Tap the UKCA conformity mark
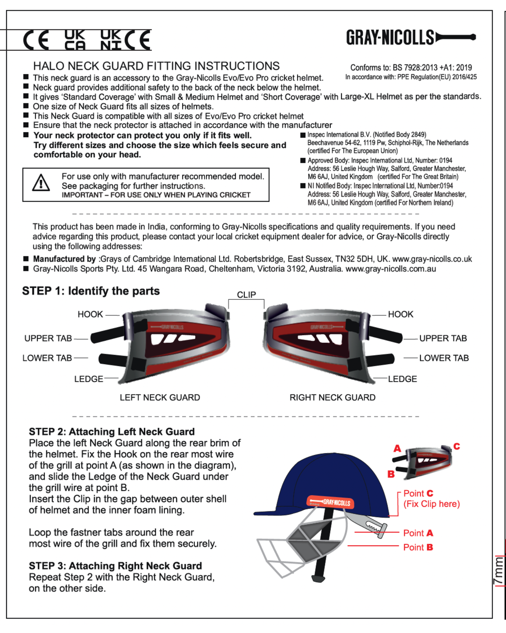(75, 40)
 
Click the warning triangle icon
(41, 183)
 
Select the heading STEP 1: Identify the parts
(91, 291)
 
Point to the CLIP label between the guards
(246, 295)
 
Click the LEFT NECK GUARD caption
(160, 397)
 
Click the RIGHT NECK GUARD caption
(332, 397)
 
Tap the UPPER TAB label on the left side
(48, 338)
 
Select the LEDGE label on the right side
(402, 379)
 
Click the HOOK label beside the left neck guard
(90, 314)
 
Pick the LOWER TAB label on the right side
(444, 358)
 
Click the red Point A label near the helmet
(418, 533)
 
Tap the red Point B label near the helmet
(418, 547)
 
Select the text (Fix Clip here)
(431, 504)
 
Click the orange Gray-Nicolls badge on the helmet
(331, 502)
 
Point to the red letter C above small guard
(457, 446)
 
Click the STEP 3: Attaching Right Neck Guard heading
(115, 566)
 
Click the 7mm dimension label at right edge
(499, 571)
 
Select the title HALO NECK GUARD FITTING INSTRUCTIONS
(156, 66)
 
